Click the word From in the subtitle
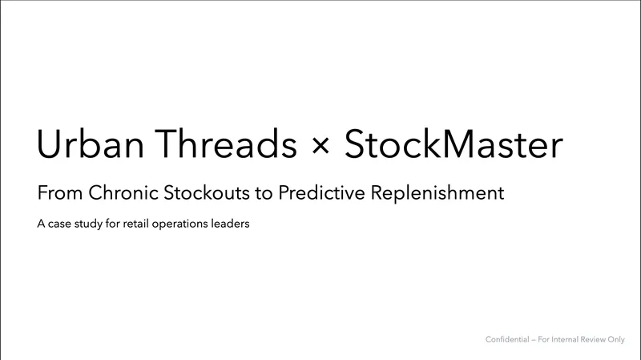coord(56,193)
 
